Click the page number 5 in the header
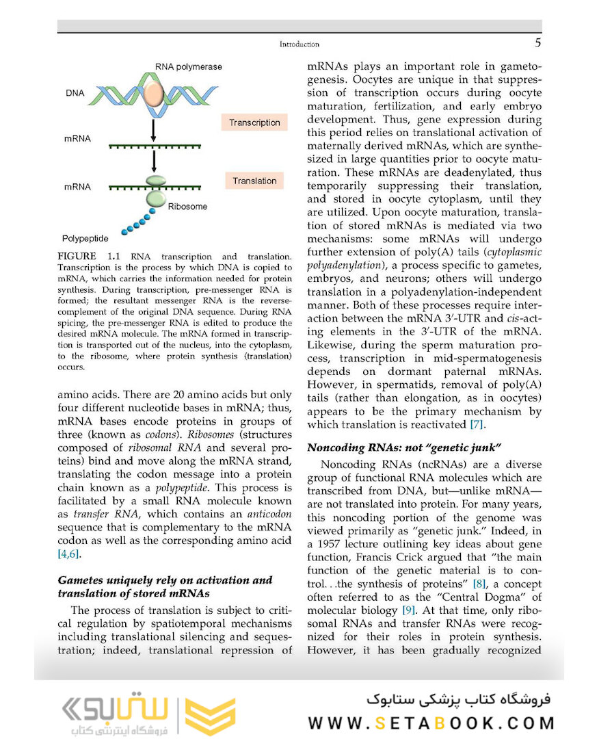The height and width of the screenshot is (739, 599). (x=537, y=44)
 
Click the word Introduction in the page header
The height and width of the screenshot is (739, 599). (x=299, y=44)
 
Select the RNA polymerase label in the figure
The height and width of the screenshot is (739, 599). (x=188, y=67)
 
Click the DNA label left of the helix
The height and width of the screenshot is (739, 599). (x=76, y=93)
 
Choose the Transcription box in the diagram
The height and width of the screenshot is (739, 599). (x=254, y=123)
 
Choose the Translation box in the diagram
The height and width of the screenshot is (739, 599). (x=254, y=181)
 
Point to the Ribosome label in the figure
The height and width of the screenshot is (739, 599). (x=187, y=206)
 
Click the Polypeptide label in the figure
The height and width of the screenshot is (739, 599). (x=85, y=239)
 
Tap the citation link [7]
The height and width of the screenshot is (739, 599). (x=476, y=425)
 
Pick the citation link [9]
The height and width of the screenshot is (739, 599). (x=409, y=610)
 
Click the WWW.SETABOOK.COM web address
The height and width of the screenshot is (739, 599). (x=431, y=723)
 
